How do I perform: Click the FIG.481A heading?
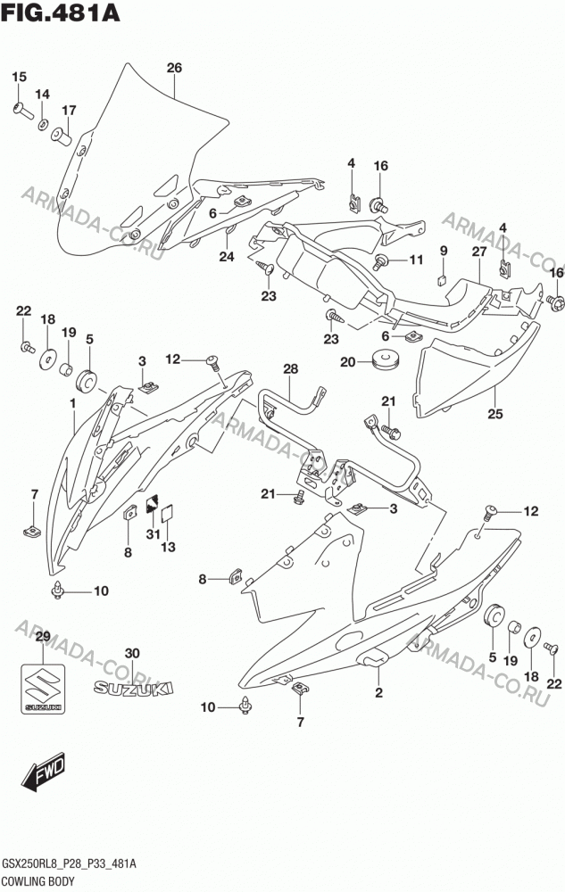point(62,12)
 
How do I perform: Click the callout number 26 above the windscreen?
point(174,68)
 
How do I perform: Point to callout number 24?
point(227,257)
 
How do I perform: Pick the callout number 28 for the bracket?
point(290,369)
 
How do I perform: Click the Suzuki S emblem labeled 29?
point(43,689)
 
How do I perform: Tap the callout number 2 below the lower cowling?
point(379,692)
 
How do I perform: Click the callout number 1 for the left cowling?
point(73,403)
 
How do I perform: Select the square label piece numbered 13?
point(167,513)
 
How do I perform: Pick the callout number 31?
point(153,534)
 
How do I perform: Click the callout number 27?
point(478,252)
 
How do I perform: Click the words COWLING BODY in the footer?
point(38,882)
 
